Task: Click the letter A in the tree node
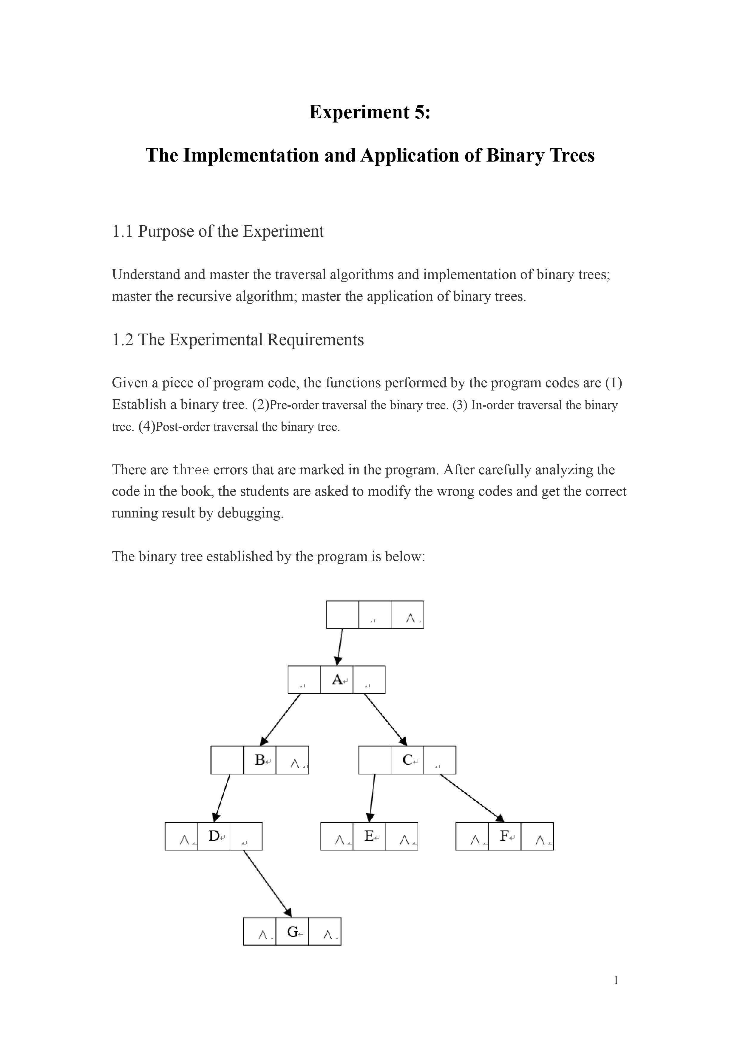[x=336, y=680]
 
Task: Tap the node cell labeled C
[x=407, y=760]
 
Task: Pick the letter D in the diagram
[x=213, y=836]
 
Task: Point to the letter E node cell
[x=369, y=836]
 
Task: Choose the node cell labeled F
[x=504, y=836]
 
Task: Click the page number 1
[x=616, y=980]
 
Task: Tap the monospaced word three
[x=191, y=470]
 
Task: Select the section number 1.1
[x=122, y=231]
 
